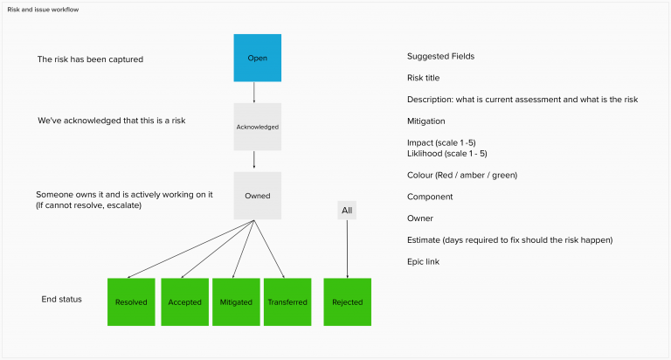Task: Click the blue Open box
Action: pos(257,58)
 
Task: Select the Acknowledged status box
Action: pos(257,127)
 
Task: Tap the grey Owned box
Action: pos(257,196)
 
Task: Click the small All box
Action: pos(347,210)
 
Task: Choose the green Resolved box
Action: pos(131,302)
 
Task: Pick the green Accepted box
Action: pos(183,302)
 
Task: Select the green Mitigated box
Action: pos(236,302)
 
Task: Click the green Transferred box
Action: pos(287,302)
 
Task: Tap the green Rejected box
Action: pos(347,302)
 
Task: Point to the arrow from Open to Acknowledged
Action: pos(254,93)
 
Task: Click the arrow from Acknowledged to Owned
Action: pos(254,160)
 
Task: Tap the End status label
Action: pos(61,299)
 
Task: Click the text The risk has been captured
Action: pos(90,59)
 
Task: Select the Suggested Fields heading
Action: pos(441,57)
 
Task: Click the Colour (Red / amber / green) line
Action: pos(462,175)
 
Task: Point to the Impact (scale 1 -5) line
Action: pos(441,142)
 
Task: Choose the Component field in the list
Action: pos(431,197)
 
